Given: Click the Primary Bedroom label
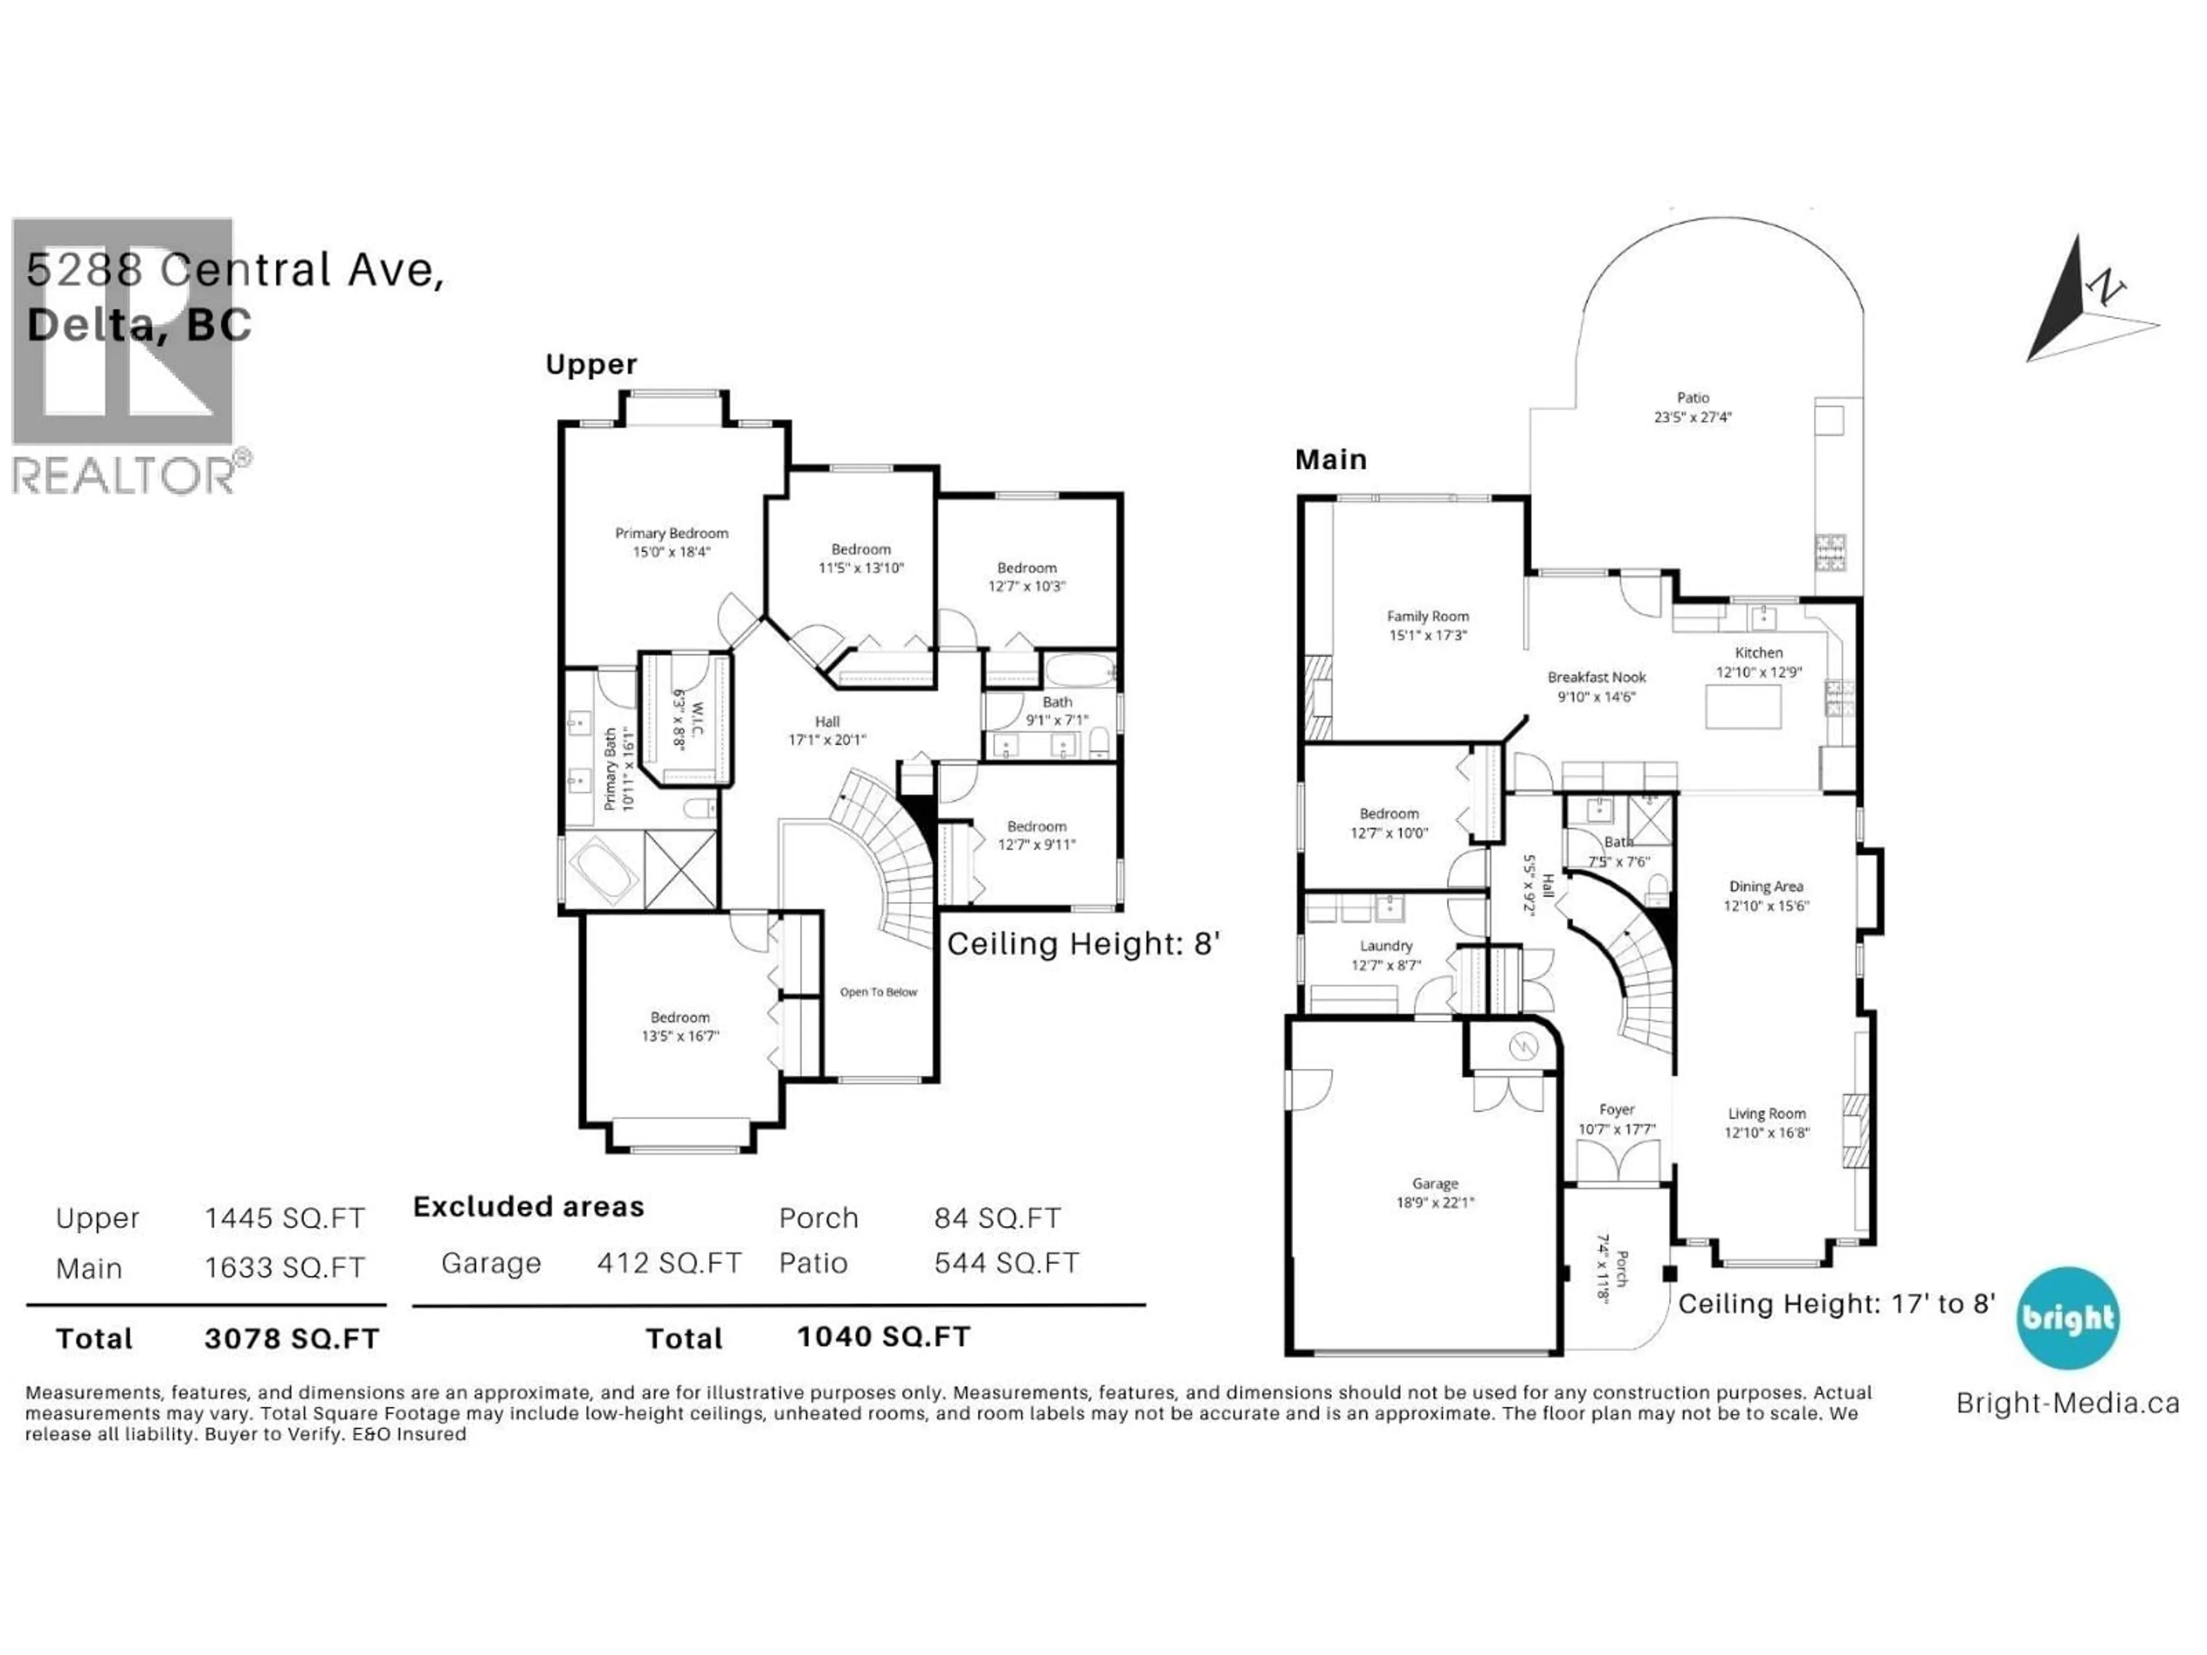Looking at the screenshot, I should coord(671,534).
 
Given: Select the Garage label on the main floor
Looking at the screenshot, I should coord(1434,1184).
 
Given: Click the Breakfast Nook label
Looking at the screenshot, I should coord(1597,678).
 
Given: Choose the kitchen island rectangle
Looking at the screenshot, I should coord(1743,707).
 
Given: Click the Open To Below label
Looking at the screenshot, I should coord(878,992).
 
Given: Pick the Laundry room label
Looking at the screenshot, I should coord(1386,946).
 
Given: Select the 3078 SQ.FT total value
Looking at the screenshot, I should coord(291,1339).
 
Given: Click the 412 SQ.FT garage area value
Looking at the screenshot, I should coord(668,1264).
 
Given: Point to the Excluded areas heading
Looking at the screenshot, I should coord(529,1207).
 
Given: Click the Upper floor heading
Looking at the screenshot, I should coord(591,364).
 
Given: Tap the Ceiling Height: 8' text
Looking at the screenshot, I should coord(1083,944).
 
